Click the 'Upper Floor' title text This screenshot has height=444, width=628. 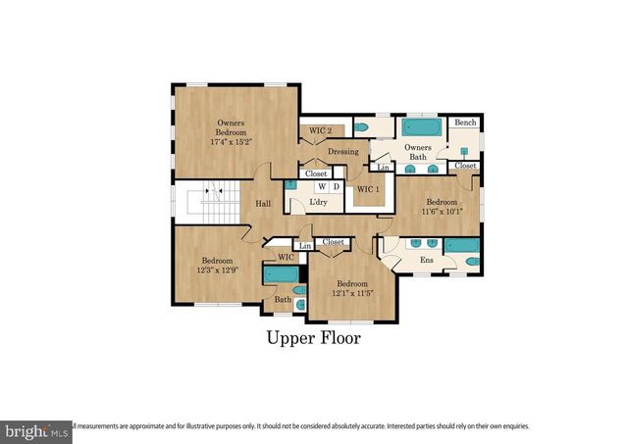pos(314,338)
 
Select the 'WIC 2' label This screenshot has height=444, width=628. pos(320,130)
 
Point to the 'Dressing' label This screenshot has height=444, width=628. pos(342,152)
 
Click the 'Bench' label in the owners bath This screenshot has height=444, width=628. pos(465,123)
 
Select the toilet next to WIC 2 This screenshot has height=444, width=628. pos(360,127)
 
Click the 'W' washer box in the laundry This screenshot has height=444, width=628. pos(320,185)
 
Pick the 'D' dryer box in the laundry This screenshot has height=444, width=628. pos(336,185)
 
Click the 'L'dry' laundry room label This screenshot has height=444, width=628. pos(318,202)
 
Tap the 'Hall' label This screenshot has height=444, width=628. pos(263,204)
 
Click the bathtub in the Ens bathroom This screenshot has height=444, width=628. pos(461,244)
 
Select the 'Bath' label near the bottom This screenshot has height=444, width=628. pos(283,300)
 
